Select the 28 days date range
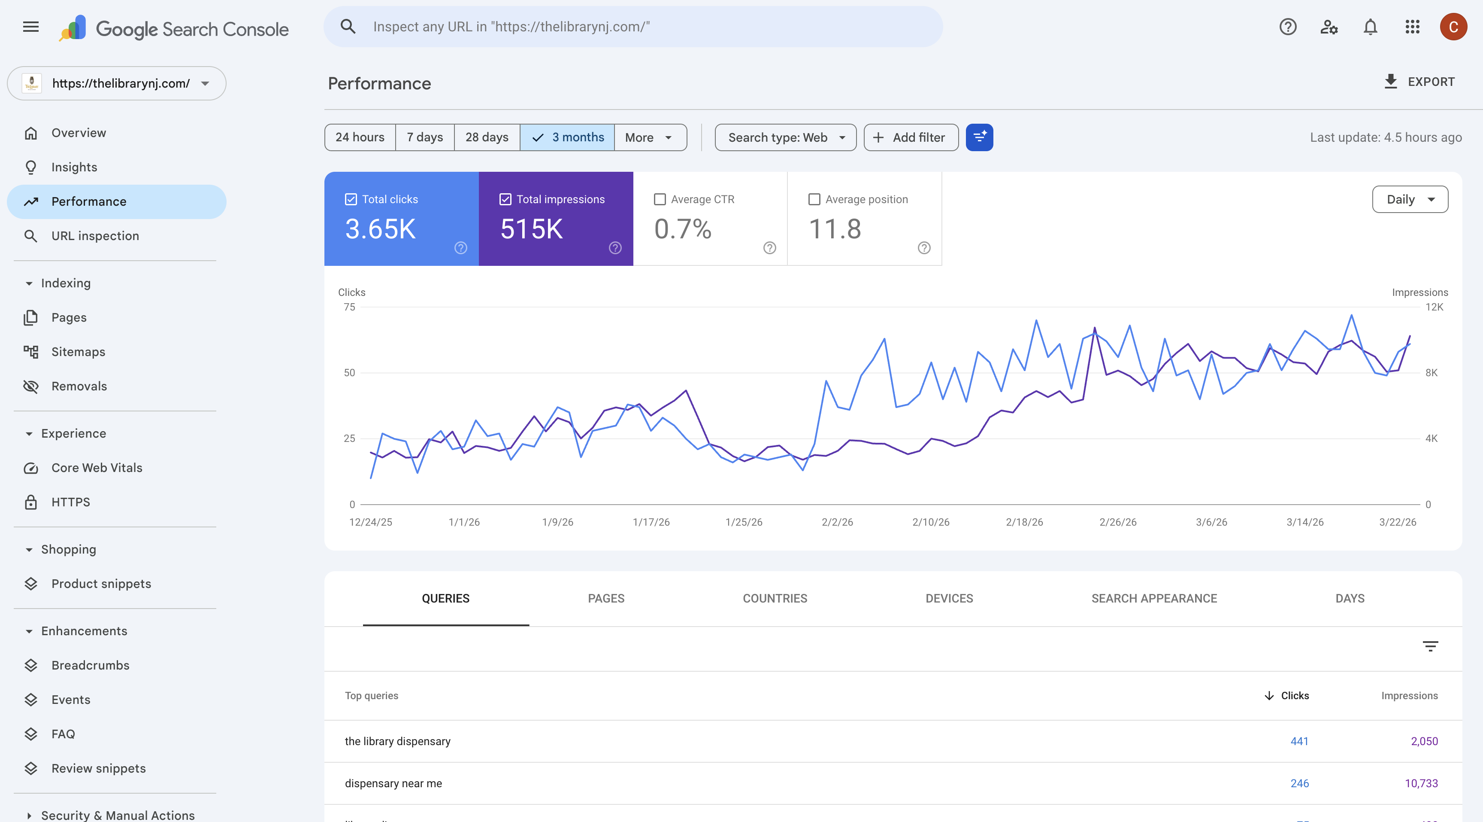coord(487,137)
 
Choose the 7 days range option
coord(424,137)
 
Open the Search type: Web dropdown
coord(785,137)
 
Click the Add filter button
coord(911,137)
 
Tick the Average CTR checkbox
coord(660,199)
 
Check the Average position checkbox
coord(814,199)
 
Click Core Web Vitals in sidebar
coord(97,468)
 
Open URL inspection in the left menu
coord(95,236)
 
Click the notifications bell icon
coord(1370,27)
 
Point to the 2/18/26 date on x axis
coord(1024,522)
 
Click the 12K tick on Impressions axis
coord(1434,307)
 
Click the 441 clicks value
coord(1299,741)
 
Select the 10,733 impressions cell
coord(1421,783)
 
